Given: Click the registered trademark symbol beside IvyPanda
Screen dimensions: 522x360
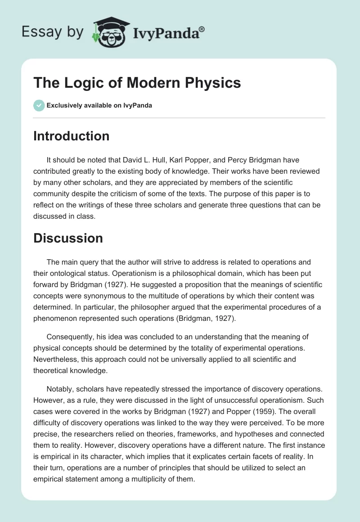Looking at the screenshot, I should pos(202,29).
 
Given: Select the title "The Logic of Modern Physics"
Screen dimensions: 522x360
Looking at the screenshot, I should pos(137,83).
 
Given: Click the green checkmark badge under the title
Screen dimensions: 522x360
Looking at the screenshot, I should pos(38,105).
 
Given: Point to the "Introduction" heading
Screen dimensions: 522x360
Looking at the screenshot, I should pos(71,136).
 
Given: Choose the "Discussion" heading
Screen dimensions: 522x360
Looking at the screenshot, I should pos(68,238).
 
